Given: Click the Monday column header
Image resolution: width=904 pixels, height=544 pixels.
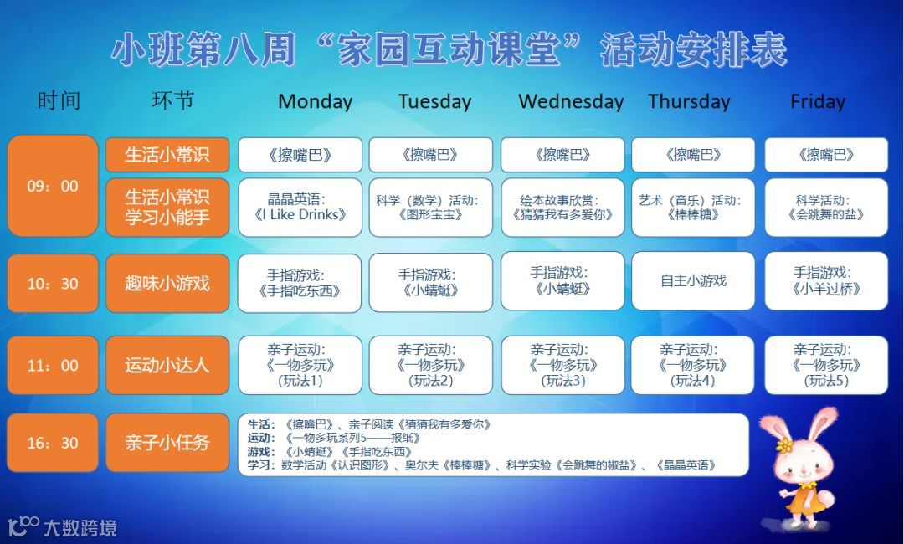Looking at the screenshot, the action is pyautogui.click(x=315, y=101).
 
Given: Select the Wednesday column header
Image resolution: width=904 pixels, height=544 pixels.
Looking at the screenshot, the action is pyautogui.click(x=571, y=101).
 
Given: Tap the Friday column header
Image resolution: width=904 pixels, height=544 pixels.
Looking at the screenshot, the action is pyautogui.click(x=818, y=101).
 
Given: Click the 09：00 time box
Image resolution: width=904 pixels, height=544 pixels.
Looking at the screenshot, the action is pyautogui.click(x=53, y=186).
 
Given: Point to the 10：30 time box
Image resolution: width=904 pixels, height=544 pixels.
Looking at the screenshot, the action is pyautogui.click(x=53, y=283).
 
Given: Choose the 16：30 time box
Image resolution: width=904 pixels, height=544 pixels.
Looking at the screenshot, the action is pyautogui.click(x=53, y=443).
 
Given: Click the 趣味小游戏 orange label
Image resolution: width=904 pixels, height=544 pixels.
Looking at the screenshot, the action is pyautogui.click(x=167, y=283).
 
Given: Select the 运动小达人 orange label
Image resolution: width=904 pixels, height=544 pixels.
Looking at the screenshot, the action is pyautogui.click(x=167, y=365).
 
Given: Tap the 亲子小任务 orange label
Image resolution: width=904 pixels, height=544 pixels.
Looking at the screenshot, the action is pyautogui.click(x=167, y=443).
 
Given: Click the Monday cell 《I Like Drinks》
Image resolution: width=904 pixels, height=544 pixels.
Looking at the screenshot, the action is pyautogui.click(x=300, y=208).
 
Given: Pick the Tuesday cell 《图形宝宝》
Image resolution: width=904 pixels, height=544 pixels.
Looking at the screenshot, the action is pyautogui.click(x=431, y=208).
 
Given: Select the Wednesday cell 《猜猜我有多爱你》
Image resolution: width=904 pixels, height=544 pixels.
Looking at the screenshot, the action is pyautogui.click(x=562, y=208).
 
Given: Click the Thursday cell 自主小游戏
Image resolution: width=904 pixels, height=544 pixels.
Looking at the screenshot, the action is pyautogui.click(x=693, y=280).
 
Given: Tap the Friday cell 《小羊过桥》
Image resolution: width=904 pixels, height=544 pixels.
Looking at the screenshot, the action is pyautogui.click(x=826, y=280).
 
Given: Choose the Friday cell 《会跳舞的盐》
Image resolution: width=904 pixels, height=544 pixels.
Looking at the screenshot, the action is pyautogui.click(x=826, y=208).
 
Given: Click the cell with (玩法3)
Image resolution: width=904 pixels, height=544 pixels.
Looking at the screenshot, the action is pyautogui.click(x=562, y=365).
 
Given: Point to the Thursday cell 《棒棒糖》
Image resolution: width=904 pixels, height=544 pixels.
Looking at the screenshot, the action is pyautogui.click(x=693, y=208).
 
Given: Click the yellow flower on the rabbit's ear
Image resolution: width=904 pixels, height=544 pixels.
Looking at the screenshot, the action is pyautogui.click(x=783, y=445).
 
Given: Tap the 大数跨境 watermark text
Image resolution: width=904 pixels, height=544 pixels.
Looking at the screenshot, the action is pyautogui.click(x=80, y=527).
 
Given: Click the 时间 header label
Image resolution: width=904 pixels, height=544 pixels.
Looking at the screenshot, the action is pyautogui.click(x=59, y=100).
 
